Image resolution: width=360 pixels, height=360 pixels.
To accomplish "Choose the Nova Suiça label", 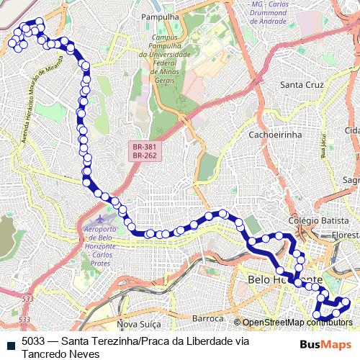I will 137,324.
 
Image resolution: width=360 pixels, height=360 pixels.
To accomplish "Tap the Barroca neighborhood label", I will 210,318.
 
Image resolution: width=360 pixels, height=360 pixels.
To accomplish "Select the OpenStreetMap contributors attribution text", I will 297,322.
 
